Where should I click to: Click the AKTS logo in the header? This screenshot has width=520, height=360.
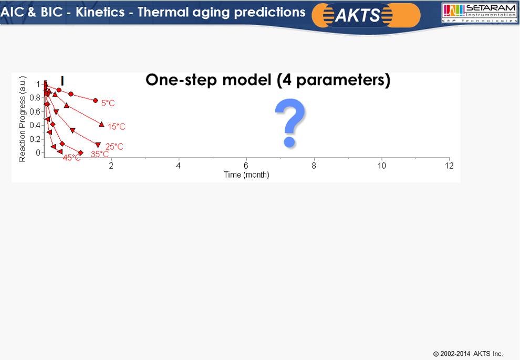click(366, 15)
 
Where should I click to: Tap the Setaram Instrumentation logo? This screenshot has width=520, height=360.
click(479, 13)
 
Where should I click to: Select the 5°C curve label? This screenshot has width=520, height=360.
click(108, 103)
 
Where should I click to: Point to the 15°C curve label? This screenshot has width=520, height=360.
click(117, 127)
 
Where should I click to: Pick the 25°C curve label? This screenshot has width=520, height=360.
click(115, 147)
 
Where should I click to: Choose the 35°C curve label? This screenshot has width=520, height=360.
click(100, 155)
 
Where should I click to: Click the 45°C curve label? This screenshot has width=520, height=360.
click(71, 158)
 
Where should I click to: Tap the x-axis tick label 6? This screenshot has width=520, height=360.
click(246, 166)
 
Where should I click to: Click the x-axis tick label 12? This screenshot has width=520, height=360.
click(449, 166)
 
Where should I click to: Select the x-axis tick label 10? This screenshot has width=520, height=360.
click(382, 166)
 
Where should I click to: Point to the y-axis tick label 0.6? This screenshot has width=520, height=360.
click(35, 111)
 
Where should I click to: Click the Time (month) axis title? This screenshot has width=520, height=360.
click(246, 174)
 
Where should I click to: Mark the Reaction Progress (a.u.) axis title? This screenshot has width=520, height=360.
click(22, 119)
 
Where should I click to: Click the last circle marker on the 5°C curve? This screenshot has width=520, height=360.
click(96, 100)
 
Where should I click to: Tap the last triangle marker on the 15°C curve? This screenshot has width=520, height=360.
click(101, 125)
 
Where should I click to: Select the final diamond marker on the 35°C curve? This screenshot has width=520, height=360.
click(80, 153)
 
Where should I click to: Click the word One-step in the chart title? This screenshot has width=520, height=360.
click(182, 80)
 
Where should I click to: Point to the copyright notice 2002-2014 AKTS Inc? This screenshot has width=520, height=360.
click(468, 354)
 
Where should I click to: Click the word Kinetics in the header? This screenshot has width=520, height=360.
click(100, 12)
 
